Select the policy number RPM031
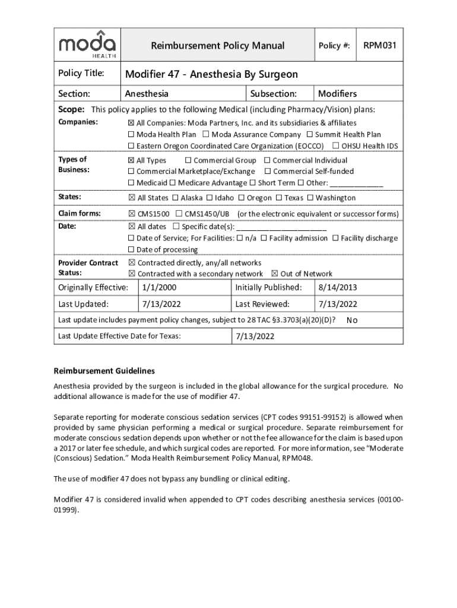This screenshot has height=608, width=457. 379,45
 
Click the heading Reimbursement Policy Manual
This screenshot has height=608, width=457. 217,46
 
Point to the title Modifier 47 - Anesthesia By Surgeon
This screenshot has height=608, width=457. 211,74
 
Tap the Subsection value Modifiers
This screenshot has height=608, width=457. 337,94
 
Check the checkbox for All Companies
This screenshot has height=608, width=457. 132,123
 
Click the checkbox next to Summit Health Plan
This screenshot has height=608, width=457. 310,135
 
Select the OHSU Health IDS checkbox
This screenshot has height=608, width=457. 336,146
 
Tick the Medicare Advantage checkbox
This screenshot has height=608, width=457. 173,183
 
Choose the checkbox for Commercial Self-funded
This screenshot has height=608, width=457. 267,172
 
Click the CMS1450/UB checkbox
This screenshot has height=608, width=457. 179,214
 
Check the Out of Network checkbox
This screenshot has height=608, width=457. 274,274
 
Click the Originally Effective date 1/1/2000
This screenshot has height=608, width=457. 159,288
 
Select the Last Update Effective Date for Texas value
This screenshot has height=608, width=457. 255,336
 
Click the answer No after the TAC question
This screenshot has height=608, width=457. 352,321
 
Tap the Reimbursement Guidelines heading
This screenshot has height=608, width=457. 104,370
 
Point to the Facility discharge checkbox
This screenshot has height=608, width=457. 336,238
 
